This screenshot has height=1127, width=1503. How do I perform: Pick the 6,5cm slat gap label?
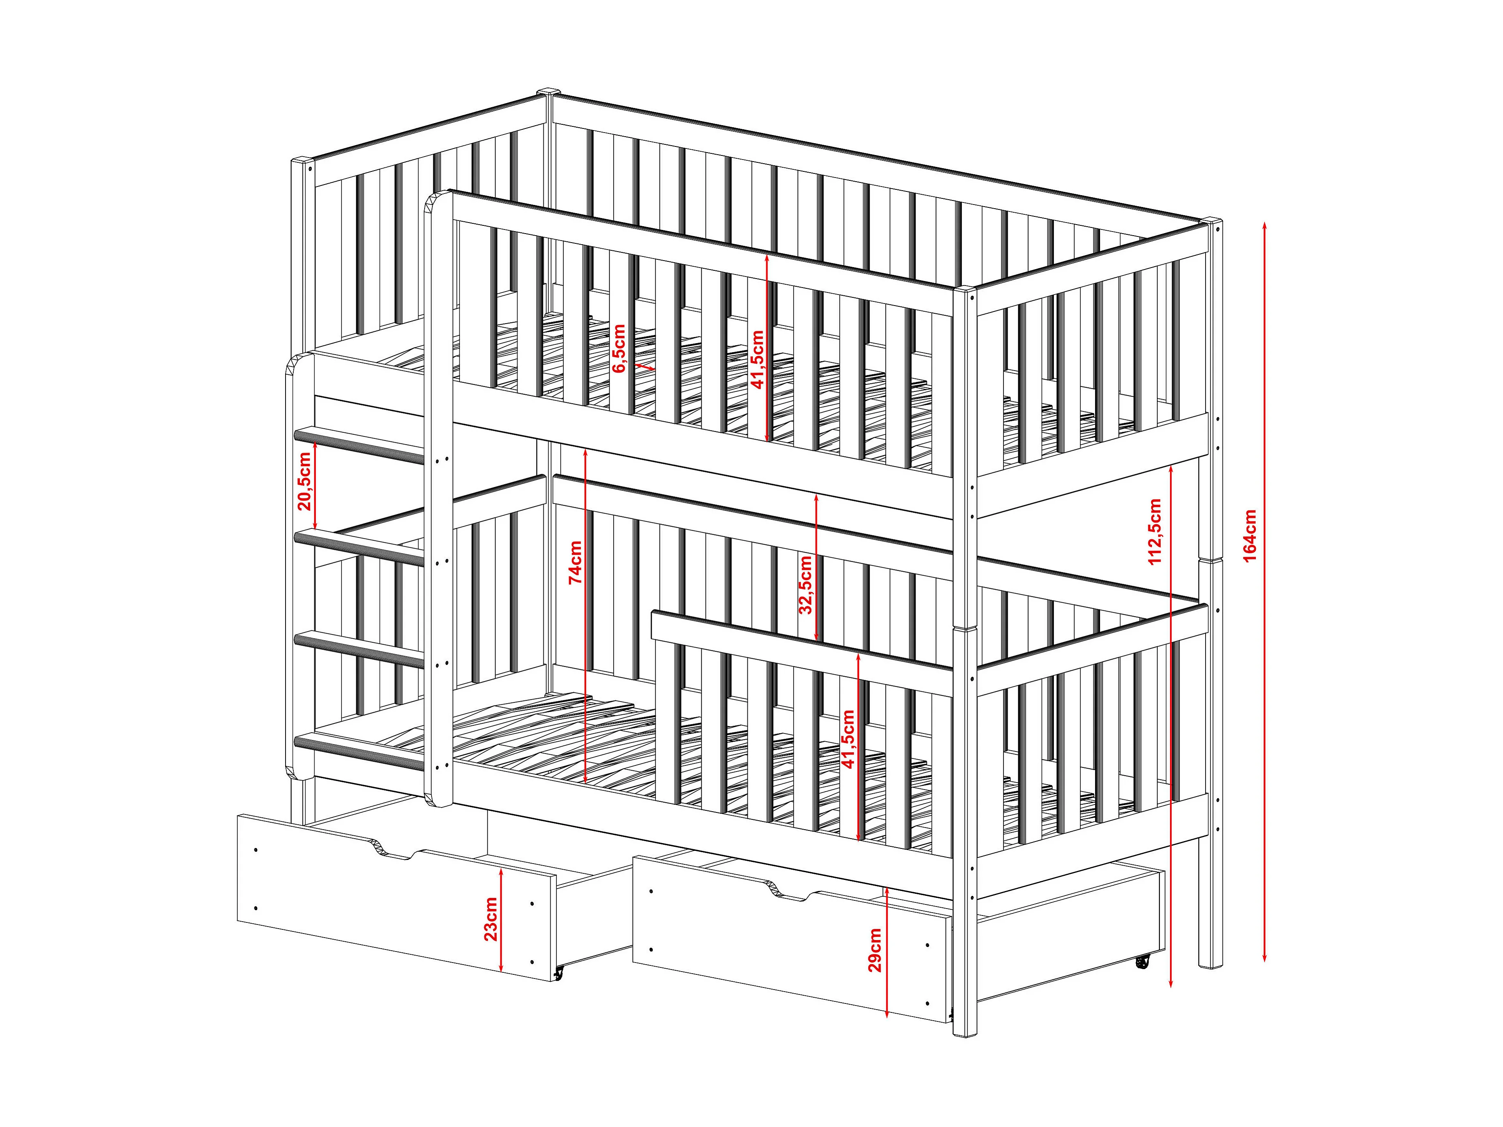pyautogui.click(x=618, y=349)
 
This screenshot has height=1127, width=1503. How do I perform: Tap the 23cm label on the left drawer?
pyautogui.click(x=491, y=919)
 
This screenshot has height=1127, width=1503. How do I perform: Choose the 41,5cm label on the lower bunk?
pyautogui.click(x=848, y=739)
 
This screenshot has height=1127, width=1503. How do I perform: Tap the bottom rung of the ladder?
pyautogui.click(x=359, y=751)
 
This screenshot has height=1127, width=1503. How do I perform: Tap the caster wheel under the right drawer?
pyautogui.click(x=1142, y=961)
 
